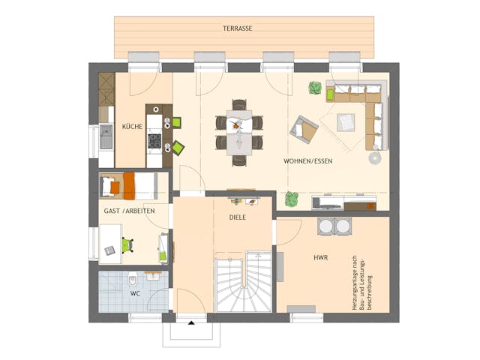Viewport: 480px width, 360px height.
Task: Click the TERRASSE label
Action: click(237, 28)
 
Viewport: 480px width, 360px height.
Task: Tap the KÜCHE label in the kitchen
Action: click(133, 127)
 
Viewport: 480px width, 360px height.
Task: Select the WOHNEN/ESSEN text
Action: click(307, 161)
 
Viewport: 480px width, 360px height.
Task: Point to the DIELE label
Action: click(238, 217)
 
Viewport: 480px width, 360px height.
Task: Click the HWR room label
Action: click(321, 257)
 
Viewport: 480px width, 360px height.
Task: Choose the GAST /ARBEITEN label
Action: click(129, 211)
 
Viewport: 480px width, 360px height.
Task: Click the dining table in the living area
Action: click(239, 133)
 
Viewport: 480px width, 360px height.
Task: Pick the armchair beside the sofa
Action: click(304, 128)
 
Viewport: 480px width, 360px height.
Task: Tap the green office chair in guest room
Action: click(127, 244)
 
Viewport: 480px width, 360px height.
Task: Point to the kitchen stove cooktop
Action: click(154, 139)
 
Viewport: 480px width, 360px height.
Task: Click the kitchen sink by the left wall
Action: click(106, 137)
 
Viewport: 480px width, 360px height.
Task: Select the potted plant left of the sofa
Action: click(315, 88)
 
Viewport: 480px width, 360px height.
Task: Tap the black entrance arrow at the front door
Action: click(191, 322)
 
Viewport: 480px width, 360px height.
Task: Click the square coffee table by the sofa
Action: click(346, 121)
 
